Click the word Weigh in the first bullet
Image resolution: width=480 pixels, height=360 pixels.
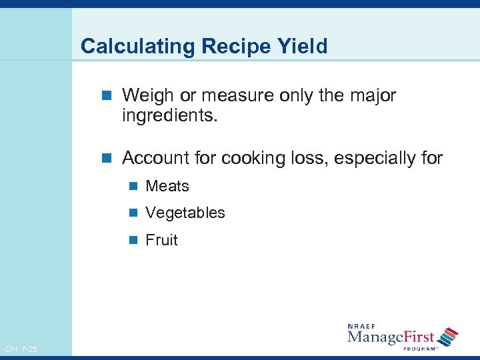(145, 96)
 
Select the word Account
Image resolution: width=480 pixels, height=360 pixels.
(153, 159)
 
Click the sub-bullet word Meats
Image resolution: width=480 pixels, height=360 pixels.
(167, 187)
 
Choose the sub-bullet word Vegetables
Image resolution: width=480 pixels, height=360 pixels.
(185, 213)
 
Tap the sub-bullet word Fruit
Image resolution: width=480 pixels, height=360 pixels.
(161, 241)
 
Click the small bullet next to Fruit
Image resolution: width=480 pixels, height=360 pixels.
(133, 241)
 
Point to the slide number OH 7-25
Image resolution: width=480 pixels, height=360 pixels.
(21, 349)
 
